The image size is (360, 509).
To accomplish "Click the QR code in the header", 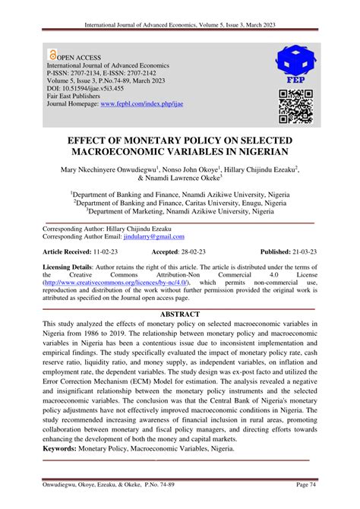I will click(x=295, y=106).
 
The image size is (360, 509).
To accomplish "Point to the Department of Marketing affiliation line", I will click(x=180, y=212).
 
